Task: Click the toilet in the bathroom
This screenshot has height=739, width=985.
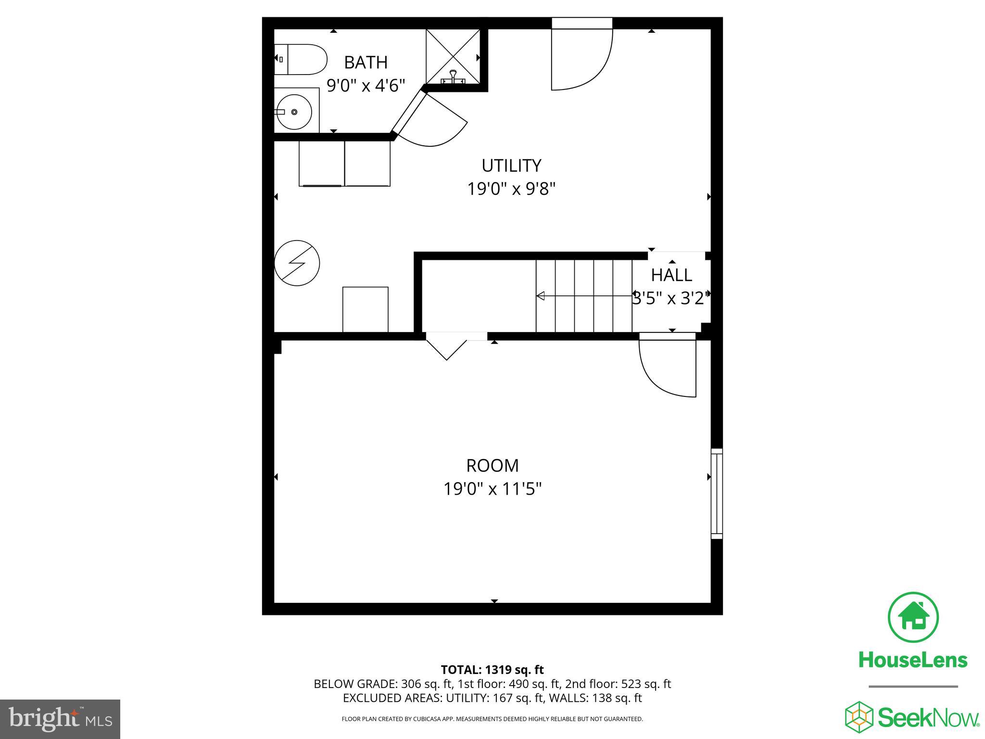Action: point(300,59)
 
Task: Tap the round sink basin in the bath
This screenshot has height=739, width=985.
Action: point(294,112)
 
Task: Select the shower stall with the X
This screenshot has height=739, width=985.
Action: point(453,57)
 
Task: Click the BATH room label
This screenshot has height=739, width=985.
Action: point(366,63)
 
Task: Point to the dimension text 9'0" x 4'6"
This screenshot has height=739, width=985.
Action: point(366,86)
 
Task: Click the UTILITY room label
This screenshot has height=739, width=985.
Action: point(511,166)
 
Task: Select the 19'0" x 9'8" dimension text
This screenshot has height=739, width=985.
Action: point(511,189)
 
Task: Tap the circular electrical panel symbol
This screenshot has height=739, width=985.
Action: point(297,263)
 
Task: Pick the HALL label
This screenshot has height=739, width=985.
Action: point(671,275)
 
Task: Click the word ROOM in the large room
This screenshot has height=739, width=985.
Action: point(492,466)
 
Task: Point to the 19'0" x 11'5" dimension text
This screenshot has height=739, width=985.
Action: point(492,489)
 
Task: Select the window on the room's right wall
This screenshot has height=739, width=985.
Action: point(717,494)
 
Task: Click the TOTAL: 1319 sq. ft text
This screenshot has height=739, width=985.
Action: point(492,670)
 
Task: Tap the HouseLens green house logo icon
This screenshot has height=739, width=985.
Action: point(912,617)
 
